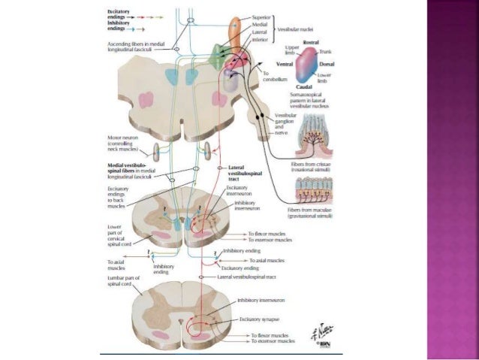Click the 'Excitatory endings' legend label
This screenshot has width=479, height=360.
coord(119,13)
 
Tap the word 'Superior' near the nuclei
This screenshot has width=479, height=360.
coord(262,17)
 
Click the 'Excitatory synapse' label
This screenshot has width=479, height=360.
coord(259,319)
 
